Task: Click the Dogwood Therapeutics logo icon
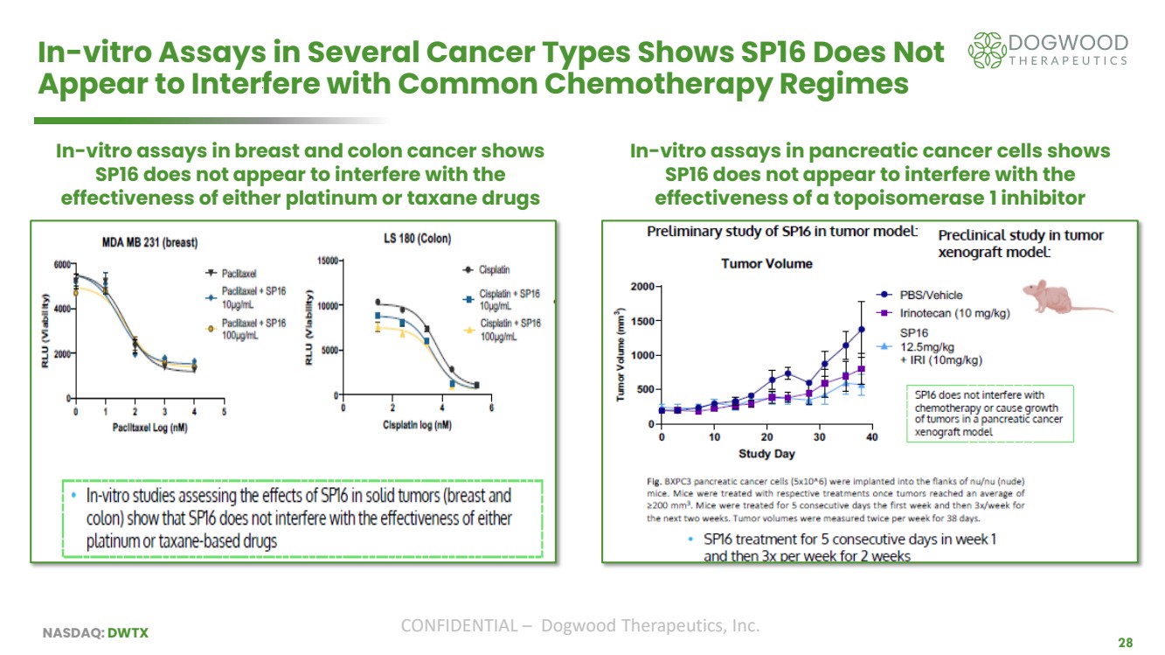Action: click(x=988, y=51)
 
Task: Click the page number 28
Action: click(x=1125, y=643)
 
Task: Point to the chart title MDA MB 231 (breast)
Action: click(x=144, y=242)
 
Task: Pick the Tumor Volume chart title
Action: click(x=766, y=263)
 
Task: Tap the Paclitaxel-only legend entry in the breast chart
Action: click(x=239, y=274)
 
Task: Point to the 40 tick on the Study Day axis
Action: click(x=871, y=437)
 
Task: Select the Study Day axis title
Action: click(x=766, y=454)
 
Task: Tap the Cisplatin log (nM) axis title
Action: click(x=416, y=425)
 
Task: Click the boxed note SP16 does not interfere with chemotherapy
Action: click(x=988, y=414)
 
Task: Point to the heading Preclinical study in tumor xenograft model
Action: click(x=1020, y=242)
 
